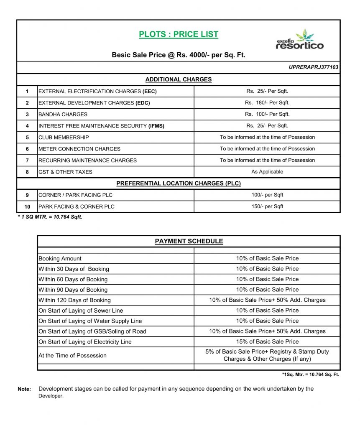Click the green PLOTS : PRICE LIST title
click(x=179, y=34)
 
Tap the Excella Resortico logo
click(x=299, y=40)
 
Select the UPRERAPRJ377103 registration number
click(x=313, y=67)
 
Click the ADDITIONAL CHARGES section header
click(x=179, y=79)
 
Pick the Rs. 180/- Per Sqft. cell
click(x=267, y=103)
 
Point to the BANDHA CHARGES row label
click(x=63, y=114)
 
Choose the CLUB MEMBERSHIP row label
click(x=64, y=137)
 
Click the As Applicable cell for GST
click(x=267, y=172)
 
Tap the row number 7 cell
click(x=27, y=160)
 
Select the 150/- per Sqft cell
click(x=267, y=206)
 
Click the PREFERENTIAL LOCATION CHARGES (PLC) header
click(x=179, y=183)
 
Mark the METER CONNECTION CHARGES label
click(x=79, y=149)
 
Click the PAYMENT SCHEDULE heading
click(x=189, y=241)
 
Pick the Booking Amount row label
click(x=60, y=259)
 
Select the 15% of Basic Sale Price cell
click(x=267, y=341)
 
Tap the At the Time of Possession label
click(x=72, y=356)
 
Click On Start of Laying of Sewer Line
click(x=81, y=311)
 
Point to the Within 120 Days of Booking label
click(x=74, y=300)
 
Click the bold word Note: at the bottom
click(x=24, y=389)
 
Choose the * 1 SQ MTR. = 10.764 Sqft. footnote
click(x=50, y=217)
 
